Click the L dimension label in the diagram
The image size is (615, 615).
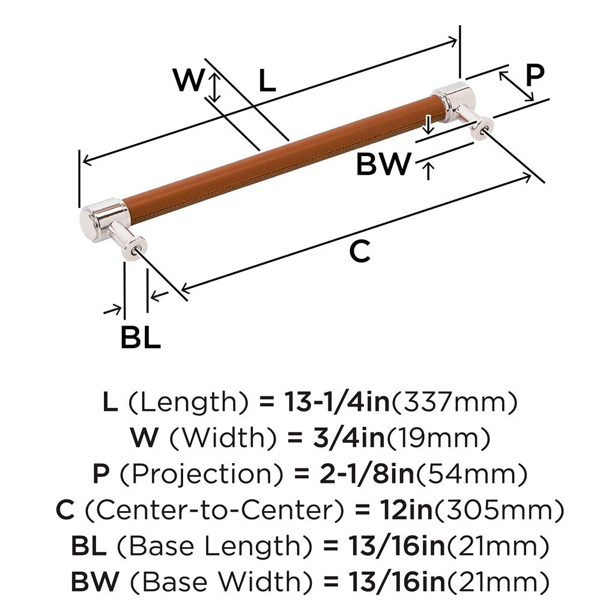pos(267,81)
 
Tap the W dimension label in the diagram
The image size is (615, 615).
pos(188,80)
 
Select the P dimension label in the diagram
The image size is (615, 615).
pos(535,75)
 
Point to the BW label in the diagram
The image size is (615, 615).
pos(383,164)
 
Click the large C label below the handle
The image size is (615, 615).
pos(360,252)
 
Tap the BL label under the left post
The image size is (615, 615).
pos(141,338)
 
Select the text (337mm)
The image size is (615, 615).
pos(454,402)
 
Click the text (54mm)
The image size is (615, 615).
pos(472,475)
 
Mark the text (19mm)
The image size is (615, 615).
pos(438,438)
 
